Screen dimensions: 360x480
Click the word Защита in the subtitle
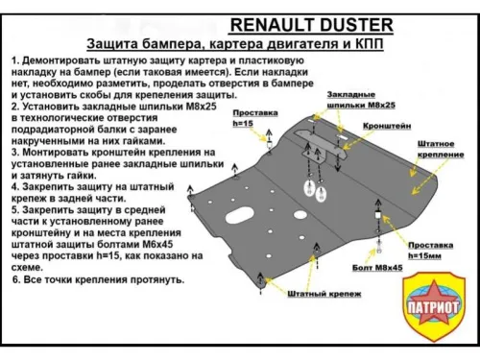pos(114,44)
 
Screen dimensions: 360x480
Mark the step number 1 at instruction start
pos(15,60)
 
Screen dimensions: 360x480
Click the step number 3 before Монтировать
pos(15,153)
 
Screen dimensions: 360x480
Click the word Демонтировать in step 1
pos(66,60)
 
